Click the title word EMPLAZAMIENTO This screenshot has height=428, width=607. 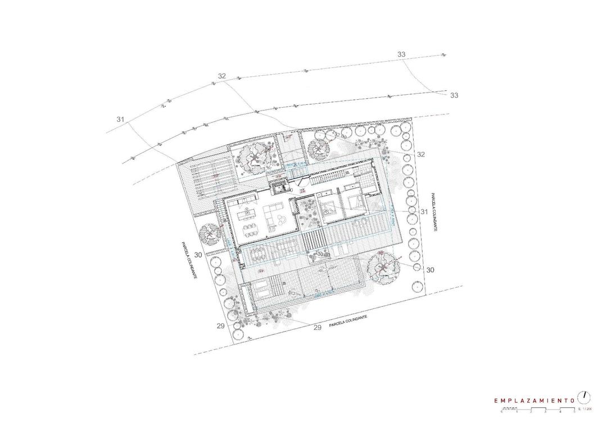533,401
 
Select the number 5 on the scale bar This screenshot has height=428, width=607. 574,412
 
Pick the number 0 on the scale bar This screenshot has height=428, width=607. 502,412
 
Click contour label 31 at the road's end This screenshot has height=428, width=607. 120,119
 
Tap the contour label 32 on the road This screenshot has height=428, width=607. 222,76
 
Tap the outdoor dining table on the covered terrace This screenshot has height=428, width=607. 258,254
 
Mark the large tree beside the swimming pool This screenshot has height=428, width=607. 383,268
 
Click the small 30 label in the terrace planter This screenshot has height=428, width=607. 321,254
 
